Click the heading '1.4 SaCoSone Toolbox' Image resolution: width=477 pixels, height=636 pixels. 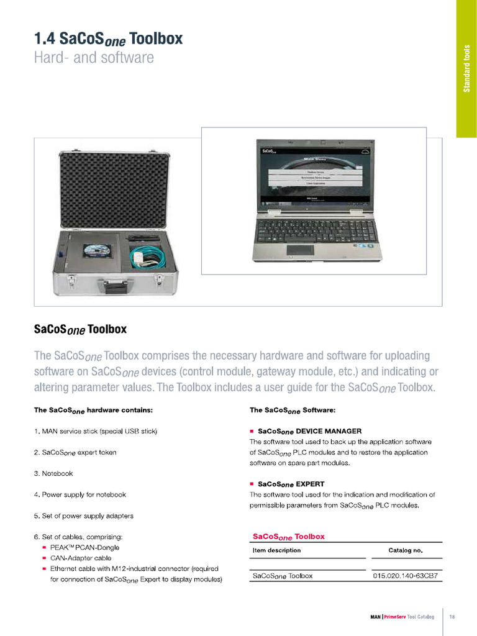pyautogui.click(x=108, y=39)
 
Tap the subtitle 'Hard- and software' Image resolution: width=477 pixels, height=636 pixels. pyautogui.click(x=94, y=58)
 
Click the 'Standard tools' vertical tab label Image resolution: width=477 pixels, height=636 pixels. pyautogui.click(x=466, y=69)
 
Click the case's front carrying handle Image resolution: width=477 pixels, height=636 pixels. pyautogui.click(x=115, y=288)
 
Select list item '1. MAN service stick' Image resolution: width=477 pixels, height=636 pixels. pyautogui.click(x=96, y=431)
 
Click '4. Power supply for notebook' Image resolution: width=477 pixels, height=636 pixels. pyautogui.click(x=80, y=494)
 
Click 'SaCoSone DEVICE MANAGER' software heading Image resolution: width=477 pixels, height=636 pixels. pyautogui.click(x=309, y=431)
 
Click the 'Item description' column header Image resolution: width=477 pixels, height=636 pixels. pyautogui.click(x=276, y=550)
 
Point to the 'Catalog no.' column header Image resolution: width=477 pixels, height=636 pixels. pyautogui.click(x=405, y=550)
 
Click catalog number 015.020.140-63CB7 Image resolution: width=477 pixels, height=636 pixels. pyautogui.click(x=405, y=576)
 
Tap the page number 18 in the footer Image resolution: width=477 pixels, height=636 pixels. pyautogui.click(x=452, y=617)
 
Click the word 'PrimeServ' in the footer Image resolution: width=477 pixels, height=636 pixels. pyautogui.click(x=396, y=617)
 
